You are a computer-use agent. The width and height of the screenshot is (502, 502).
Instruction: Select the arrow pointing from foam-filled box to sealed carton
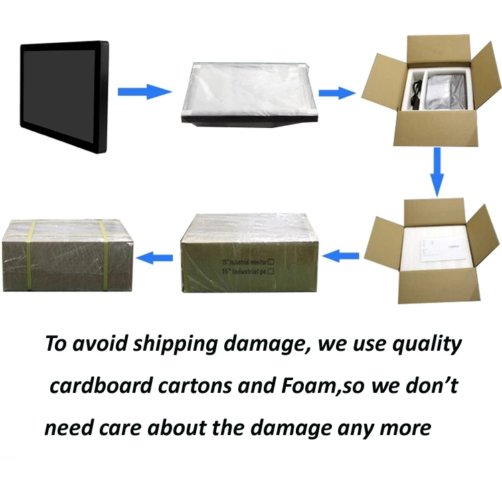point(341,254)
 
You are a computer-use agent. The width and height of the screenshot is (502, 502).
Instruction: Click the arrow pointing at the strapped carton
point(155,254)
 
